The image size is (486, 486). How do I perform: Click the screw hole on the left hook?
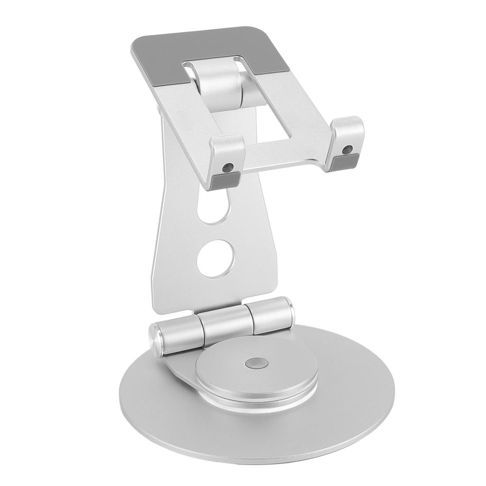coord(229,167)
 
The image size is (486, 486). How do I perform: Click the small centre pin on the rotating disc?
coord(255,363)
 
